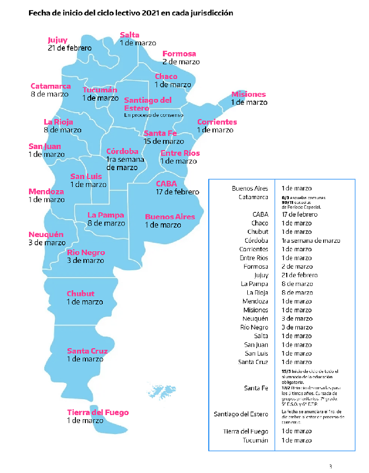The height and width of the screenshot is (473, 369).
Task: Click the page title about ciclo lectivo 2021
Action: [131, 12]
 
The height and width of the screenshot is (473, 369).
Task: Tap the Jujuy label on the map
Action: [57, 40]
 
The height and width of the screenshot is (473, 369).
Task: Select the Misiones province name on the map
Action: [249, 94]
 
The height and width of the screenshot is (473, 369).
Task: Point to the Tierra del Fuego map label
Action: [98, 412]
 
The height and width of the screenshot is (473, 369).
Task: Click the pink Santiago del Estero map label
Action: [148, 104]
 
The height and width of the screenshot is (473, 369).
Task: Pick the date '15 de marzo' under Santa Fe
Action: [164, 141]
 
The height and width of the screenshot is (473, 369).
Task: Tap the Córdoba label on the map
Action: [122, 152]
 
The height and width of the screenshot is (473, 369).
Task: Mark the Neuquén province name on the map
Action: [46, 234]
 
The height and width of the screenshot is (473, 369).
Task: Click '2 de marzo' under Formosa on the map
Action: [181, 62]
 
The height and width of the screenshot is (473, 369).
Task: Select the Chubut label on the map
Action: [81, 294]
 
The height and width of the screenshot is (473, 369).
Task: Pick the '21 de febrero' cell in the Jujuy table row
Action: [299, 275]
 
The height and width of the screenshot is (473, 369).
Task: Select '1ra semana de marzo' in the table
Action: [310, 240]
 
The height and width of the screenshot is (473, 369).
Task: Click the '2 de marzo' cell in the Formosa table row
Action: [297, 267]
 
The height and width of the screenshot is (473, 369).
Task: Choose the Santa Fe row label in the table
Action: [256, 388]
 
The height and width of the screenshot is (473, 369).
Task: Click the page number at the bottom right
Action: [331, 466]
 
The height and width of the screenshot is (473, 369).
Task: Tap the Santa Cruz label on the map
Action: [87, 351]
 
